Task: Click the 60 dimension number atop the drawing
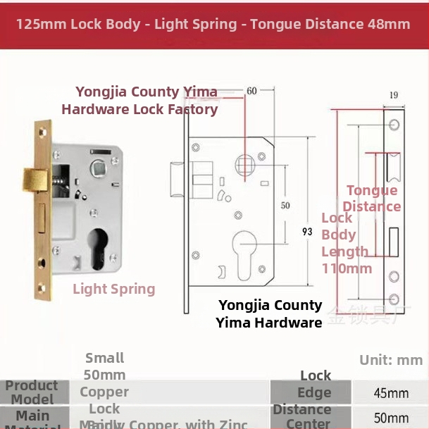point(251,92)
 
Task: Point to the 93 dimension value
point(307,232)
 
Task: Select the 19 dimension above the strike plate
point(394,95)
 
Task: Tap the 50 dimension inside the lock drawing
point(285,206)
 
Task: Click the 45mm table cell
point(391,393)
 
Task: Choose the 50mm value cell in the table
point(391,418)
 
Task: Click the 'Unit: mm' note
point(391,360)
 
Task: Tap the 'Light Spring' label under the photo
point(114,289)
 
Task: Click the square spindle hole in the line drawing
point(244,166)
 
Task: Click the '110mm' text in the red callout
point(347,268)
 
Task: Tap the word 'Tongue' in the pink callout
point(372,191)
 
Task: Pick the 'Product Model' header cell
point(32,392)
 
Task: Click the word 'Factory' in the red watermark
point(192,109)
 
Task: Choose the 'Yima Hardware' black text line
point(269,323)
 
